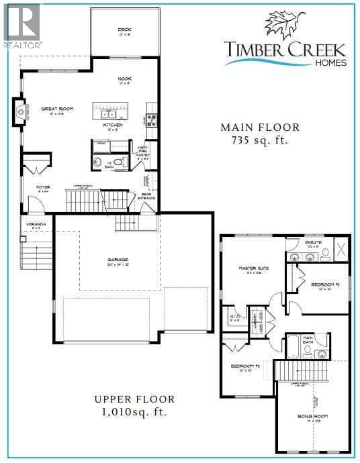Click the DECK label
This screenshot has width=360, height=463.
click(124, 30)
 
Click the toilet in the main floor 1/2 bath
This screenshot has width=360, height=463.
click(119, 162)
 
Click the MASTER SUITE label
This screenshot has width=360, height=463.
click(254, 268)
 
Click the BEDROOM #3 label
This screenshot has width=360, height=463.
click(245, 366)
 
